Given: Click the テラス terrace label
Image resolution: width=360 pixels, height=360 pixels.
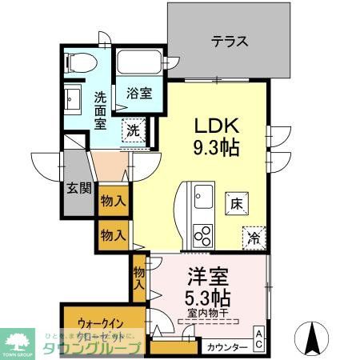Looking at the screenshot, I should (229, 42).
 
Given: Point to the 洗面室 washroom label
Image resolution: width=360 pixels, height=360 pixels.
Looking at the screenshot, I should (101, 110).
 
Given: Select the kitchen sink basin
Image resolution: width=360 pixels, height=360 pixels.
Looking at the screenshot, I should (201, 194).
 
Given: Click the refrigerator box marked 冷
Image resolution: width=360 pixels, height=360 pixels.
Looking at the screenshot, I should (253, 237).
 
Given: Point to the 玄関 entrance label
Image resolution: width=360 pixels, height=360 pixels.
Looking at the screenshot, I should (78, 189).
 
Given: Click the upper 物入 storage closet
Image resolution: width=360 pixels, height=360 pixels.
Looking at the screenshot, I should (113, 202).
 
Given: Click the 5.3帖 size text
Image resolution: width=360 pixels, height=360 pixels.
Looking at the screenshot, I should (210, 298).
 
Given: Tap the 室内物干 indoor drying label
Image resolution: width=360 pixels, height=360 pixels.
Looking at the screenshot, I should (210, 313).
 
